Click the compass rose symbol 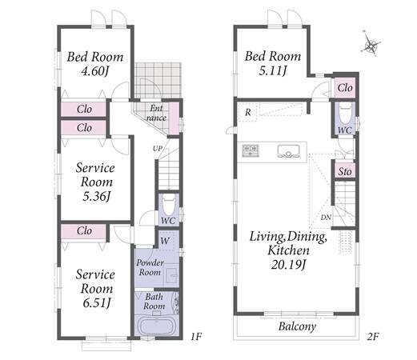coord(371,45)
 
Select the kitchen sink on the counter coord(288,151)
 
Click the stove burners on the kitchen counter coord(251,150)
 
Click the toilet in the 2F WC coord(345,114)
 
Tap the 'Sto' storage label coord(345,171)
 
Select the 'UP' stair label coord(158,149)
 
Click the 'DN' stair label coord(326,218)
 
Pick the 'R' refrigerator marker coord(248,112)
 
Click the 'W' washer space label coord(165,241)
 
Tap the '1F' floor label coord(195,337)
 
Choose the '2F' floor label coord(373,337)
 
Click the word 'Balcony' coord(297,326)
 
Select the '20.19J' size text coord(288,265)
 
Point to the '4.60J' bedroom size coord(95,71)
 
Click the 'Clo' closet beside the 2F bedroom coord(345,88)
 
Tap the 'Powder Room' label coord(150,267)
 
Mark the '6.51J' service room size coord(96,302)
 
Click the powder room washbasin coord(171,275)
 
